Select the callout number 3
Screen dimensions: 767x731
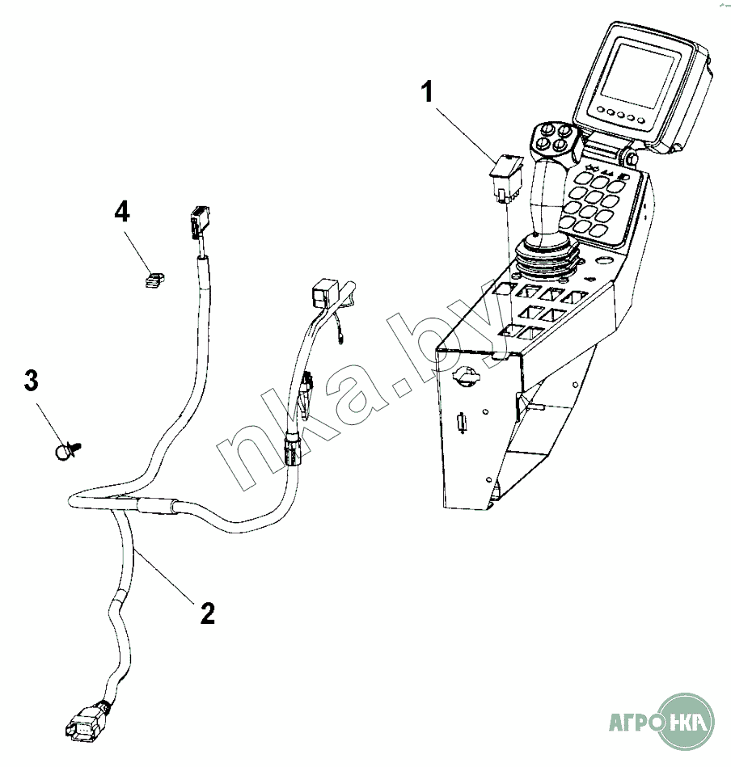coord(31,381)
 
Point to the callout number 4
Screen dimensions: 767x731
coord(121,213)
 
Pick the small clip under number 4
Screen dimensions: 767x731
coord(154,280)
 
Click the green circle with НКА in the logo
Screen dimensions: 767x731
coord(688,719)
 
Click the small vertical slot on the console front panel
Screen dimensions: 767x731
coord(462,423)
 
